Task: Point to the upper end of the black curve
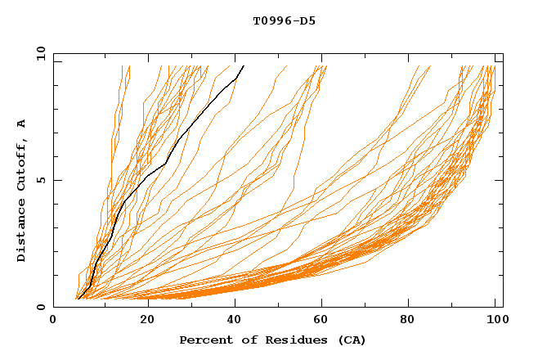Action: [243, 65]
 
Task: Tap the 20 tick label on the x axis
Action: [142, 322]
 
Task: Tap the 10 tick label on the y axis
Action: [38, 53]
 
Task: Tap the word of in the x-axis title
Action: [246, 340]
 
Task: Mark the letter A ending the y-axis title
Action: [21, 124]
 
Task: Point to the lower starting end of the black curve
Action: [78, 298]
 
